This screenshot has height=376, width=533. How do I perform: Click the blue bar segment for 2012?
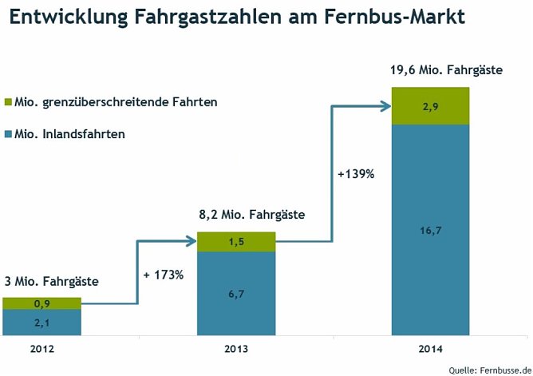(x=41, y=323)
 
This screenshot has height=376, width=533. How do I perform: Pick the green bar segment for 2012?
(x=41, y=303)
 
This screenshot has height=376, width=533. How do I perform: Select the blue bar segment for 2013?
(x=236, y=294)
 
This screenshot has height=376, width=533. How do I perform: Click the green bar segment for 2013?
(x=236, y=242)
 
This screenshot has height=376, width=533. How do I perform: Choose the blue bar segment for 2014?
(x=430, y=231)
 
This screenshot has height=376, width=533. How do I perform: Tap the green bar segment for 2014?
(x=430, y=106)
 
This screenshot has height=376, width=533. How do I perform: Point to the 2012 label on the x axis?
(x=41, y=349)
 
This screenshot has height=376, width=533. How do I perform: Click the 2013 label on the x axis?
(x=236, y=349)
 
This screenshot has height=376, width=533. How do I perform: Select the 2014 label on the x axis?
(x=429, y=349)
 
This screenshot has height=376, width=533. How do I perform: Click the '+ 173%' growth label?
(x=164, y=275)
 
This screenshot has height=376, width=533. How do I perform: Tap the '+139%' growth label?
(x=356, y=173)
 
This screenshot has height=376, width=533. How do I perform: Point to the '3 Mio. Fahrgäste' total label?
(x=51, y=281)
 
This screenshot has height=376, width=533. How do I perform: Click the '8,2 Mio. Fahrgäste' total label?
(x=252, y=215)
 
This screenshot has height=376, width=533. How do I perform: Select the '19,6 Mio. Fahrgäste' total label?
(x=446, y=70)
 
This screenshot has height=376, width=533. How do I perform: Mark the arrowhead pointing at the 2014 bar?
(x=385, y=103)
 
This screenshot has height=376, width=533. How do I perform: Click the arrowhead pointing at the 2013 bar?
(x=191, y=239)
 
